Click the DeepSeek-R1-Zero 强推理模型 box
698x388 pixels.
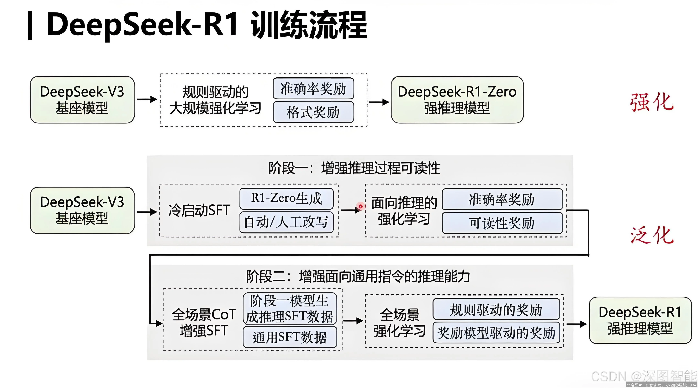click(x=457, y=100)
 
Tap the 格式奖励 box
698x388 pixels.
click(x=313, y=112)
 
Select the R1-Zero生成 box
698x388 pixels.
click(x=286, y=198)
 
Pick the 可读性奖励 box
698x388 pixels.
click(x=502, y=223)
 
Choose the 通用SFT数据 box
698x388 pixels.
click(x=290, y=337)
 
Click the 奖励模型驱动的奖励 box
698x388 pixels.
click(x=496, y=333)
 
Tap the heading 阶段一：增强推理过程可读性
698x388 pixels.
click(x=354, y=168)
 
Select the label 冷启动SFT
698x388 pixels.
click(x=199, y=210)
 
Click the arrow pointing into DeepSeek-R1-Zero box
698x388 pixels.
click(x=379, y=102)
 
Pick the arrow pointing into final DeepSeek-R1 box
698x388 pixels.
click(x=576, y=324)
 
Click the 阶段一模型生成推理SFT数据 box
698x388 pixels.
click(x=290, y=309)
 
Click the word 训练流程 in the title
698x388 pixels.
click(x=309, y=25)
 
